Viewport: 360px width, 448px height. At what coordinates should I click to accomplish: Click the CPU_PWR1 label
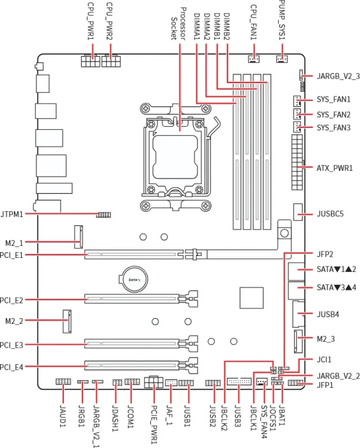[91, 21]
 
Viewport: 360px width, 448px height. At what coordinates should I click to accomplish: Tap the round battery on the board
[134, 279]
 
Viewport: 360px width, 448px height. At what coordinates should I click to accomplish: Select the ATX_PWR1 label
[334, 168]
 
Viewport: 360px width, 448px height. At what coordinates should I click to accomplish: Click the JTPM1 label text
[12, 214]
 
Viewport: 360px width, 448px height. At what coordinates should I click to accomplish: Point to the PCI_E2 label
[12, 300]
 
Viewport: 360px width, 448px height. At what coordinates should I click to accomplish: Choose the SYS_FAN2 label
[333, 115]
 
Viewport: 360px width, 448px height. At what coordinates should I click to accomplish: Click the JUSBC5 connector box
[298, 212]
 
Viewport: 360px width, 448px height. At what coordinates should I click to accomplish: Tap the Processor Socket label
[178, 24]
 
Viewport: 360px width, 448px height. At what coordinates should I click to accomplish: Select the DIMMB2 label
[226, 26]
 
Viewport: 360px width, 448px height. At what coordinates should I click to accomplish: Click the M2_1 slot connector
[79, 237]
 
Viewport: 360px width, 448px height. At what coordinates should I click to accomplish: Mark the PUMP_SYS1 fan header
[282, 59]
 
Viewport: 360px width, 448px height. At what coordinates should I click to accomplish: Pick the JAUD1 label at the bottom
[63, 416]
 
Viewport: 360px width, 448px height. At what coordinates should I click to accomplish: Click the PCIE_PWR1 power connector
[153, 382]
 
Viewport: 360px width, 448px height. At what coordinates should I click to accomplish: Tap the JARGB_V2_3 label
[338, 76]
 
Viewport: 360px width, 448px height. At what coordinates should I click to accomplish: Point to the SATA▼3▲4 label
[336, 287]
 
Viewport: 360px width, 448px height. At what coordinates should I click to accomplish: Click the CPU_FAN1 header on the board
[253, 59]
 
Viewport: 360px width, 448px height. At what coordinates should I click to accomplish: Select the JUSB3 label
[237, 415]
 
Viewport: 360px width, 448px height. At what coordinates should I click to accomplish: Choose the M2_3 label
[325, 339]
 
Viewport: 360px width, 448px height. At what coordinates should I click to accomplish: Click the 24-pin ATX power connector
[297, 163]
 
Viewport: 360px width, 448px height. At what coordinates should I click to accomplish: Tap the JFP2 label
[325, 254]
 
